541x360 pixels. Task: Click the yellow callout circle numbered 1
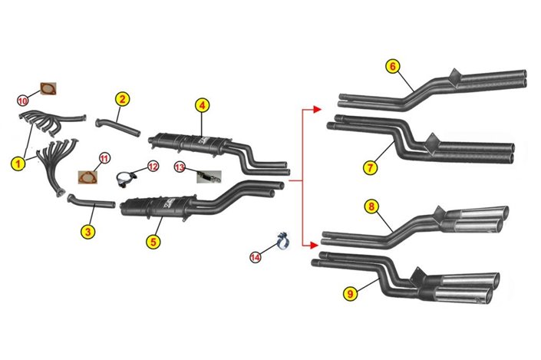click(18, 163)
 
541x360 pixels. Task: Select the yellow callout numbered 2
click(122, 99)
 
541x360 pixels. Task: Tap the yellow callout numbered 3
click(87, 232)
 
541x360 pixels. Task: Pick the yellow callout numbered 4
click(202, 105)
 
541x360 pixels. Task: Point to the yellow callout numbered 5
click(153, 242)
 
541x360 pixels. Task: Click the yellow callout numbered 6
click(393, 66)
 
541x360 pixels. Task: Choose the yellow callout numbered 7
click(370, 168)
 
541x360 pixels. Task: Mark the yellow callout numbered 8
click(371, 206)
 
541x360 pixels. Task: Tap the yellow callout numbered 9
click(351, 294)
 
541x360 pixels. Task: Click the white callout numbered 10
click(22, 101)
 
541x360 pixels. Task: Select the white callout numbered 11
click(104, 158)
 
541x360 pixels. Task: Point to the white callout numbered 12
click(153, 167)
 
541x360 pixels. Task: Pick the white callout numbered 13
click(180, 167)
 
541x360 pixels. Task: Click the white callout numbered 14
click(256, 257)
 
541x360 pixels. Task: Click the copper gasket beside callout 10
click(48, 89)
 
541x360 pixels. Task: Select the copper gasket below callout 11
click(87, 177)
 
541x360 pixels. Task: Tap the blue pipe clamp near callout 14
click(283, 241)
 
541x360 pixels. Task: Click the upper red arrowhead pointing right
click(317, 110)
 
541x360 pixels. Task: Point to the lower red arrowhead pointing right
click(313, 246)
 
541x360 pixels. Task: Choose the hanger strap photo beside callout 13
click(209, 177)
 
